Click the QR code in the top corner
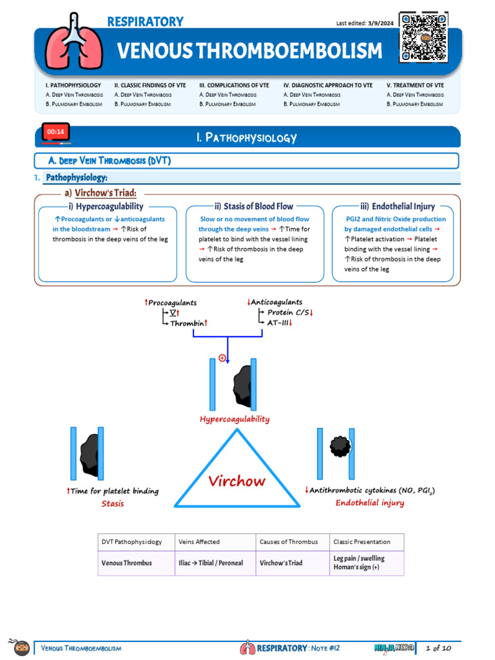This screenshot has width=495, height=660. pos(423,37)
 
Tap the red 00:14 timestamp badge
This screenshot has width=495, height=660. pos(55,132)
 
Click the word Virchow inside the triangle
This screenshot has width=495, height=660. pos(237,480)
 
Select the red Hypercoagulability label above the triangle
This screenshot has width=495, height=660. pos(235,419)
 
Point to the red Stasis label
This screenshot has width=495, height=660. pos(113,503)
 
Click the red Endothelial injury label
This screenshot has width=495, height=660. pos(370,503)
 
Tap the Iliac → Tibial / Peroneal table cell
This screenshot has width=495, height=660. pos(211,563)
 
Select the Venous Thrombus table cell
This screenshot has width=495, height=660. pos(127,563)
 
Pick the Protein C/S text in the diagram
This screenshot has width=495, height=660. pos(289,313)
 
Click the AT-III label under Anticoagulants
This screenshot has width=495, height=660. pos(278,323)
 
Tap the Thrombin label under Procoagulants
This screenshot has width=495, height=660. pos(187,324)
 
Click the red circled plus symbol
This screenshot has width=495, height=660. pos(222,358)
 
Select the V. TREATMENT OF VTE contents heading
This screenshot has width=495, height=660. pos(416,85)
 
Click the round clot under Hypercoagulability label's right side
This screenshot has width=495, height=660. pos(339,446)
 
